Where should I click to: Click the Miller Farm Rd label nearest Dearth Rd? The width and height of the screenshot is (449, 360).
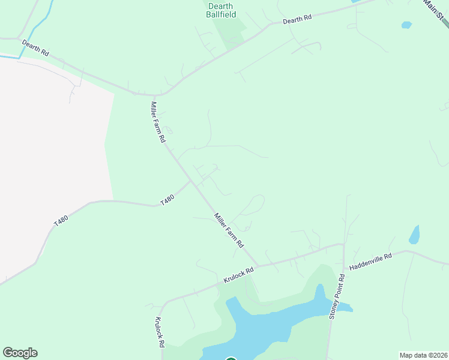157,121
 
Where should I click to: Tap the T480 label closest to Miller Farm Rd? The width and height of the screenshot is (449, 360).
167,200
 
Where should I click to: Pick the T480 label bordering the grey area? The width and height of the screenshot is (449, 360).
61,220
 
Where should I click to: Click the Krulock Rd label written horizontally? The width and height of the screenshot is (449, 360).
239,275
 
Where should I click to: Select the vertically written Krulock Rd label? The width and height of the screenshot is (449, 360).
160,332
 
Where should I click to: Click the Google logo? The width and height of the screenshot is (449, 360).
20,353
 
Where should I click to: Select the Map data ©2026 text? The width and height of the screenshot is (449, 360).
423,355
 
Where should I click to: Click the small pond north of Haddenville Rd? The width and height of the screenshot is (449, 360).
414,235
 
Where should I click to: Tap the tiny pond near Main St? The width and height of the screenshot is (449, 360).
406,25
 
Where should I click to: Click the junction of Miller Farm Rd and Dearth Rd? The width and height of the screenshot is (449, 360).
154,95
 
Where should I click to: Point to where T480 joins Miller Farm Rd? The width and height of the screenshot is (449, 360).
191,181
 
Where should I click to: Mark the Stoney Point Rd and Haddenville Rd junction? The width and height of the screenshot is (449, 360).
343,245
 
